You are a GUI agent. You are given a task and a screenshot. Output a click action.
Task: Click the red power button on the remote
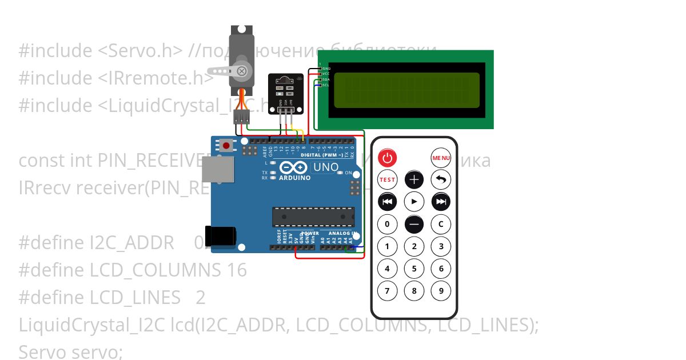tap(388, 158)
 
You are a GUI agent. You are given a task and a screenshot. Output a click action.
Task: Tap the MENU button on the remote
tap(441, 158)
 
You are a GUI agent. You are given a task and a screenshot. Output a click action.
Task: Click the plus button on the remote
tap(414, 179)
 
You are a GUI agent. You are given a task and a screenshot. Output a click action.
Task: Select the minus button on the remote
tap(414, 224)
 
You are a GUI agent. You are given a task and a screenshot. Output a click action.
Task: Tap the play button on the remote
tap(414, 202)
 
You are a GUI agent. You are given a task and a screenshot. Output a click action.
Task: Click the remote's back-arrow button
tap(441, 179)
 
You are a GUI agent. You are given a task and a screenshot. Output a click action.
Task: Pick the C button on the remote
tap(441, 224)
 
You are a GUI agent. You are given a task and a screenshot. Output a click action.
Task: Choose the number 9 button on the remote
tap(441, 291)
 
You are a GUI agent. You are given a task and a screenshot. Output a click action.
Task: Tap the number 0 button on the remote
tap(388, 224)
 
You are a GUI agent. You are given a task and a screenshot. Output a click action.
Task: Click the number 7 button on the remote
tap(388, 291)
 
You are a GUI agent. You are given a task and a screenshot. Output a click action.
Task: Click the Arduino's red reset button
tap(226, 146)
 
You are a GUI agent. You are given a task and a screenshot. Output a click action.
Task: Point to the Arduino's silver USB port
tap(218, 170)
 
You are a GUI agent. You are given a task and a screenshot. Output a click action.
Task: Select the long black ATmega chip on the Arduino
tap(314, 217)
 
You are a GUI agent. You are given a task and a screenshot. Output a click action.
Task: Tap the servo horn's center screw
tap(242, 71)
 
